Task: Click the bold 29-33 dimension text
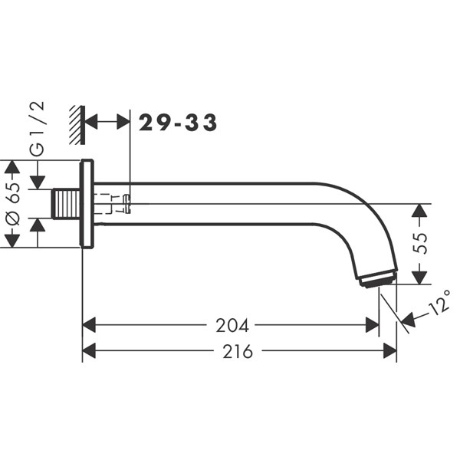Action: click(x=178, y=123)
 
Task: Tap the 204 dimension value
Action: click(x=232, y=325)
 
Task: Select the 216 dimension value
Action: click(x=238, y=351)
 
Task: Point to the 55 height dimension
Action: click(x=420, y=243)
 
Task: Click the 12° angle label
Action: click(x=439, y=302)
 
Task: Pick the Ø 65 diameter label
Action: click(x=13, y=204)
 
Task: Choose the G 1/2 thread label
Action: click(x=38, y=128)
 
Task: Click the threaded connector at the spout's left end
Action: click(x=66, y=204)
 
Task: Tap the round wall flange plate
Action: click(x=87, y=204)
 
